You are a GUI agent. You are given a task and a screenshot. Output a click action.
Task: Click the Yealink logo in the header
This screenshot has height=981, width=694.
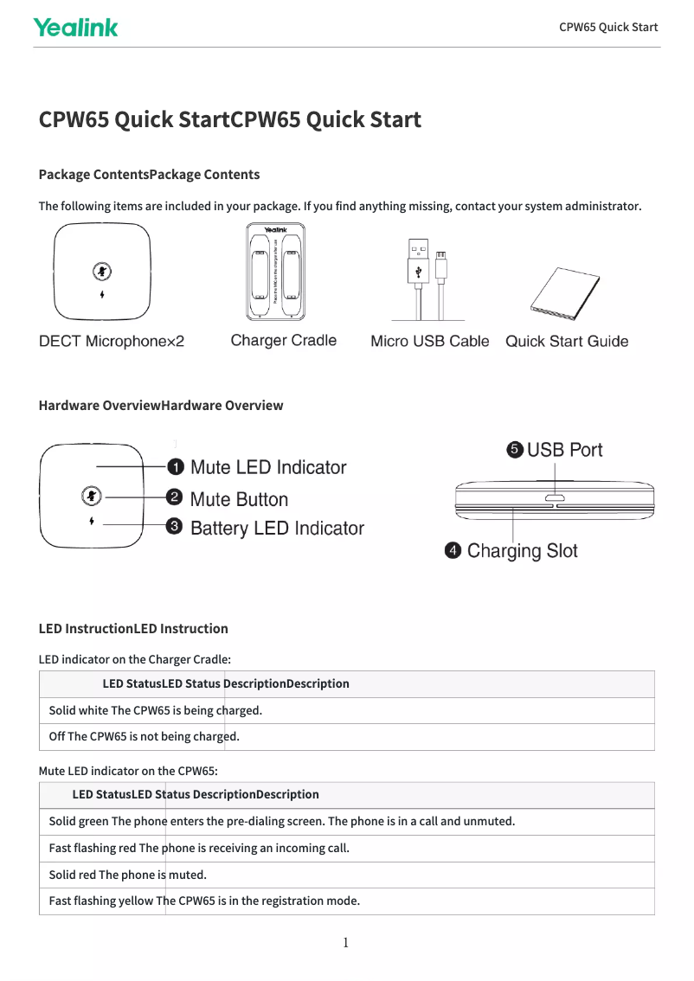(75, 28)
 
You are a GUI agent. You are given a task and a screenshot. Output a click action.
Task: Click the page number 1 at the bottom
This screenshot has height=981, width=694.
(345, 943)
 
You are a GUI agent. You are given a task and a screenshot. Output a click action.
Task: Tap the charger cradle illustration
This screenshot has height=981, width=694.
(276, 272)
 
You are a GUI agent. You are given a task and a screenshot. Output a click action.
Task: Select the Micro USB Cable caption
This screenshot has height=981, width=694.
(429, 341)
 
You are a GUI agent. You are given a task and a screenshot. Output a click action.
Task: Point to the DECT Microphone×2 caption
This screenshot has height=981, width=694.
(112, 342)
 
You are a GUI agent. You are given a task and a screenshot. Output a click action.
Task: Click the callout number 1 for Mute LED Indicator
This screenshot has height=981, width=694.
(175, 468)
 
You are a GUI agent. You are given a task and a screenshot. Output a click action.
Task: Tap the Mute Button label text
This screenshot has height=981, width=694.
(239, 499)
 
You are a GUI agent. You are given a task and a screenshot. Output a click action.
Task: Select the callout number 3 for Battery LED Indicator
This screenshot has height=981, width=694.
(174, 527)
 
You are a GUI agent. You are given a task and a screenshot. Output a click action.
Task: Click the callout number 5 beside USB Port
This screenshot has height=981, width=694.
(515, 450)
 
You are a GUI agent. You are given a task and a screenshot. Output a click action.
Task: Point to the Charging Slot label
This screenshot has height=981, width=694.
(522, 551)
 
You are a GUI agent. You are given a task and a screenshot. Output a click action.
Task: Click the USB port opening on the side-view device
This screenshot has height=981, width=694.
(554, 499)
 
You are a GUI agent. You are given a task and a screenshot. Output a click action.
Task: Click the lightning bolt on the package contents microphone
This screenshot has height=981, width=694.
(103, 293)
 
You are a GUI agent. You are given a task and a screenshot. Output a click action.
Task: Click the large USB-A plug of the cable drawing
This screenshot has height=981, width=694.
(418, 262)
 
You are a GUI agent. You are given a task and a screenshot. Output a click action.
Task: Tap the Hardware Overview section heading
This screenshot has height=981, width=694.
(161, 405)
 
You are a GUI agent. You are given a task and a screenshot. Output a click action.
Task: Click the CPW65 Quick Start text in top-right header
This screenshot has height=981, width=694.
(608, 27)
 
